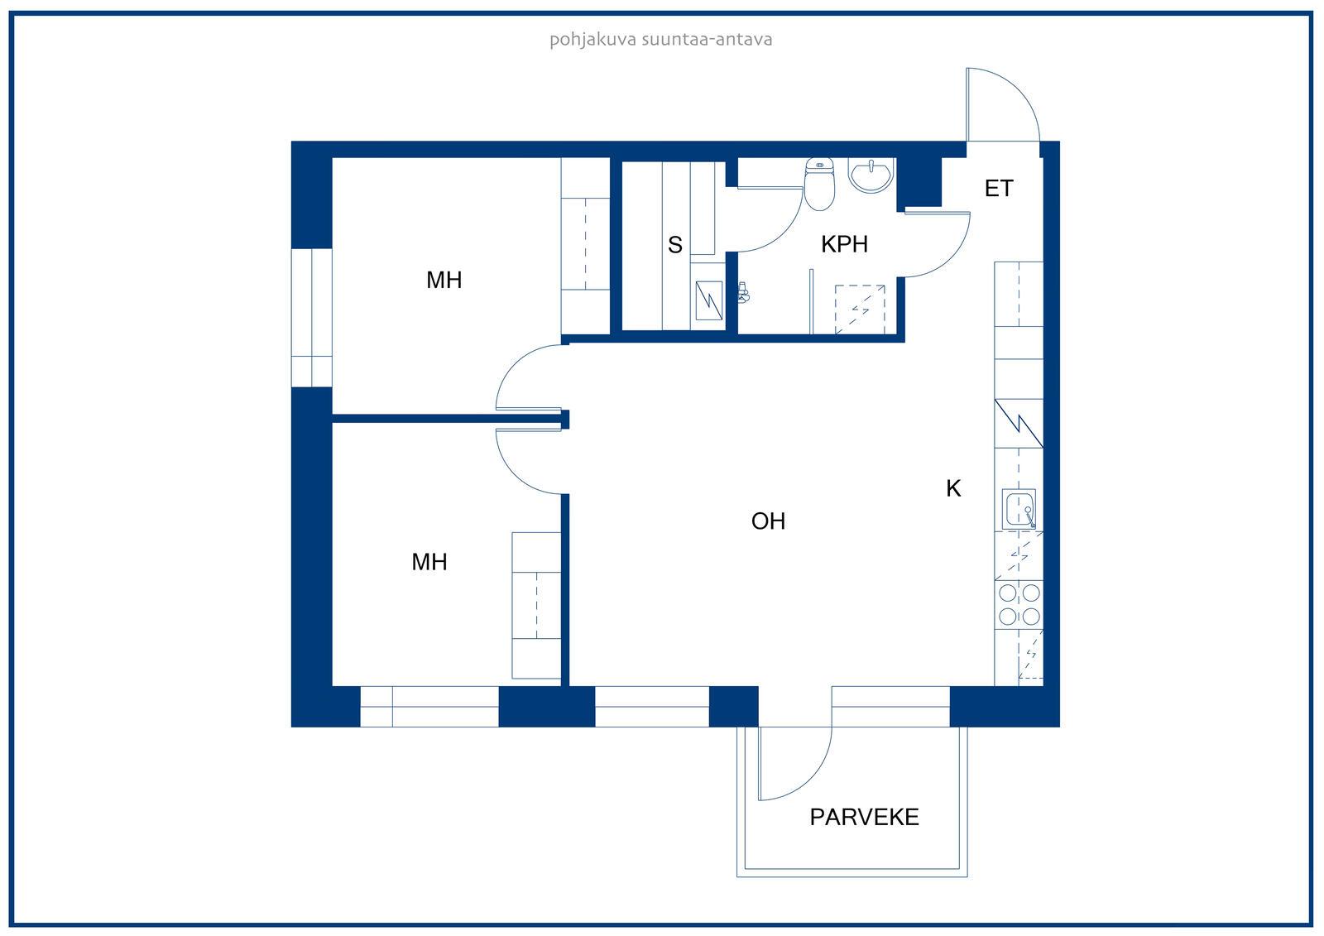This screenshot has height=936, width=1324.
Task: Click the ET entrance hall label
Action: (x=998, y=188)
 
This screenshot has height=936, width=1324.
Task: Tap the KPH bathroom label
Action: (x=844, y=244)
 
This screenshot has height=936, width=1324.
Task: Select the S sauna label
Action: (x=675, y=245)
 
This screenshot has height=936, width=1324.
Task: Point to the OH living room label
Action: (x=768, y=521)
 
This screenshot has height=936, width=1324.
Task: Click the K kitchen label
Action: (x=953, y=488)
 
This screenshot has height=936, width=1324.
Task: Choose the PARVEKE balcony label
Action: (x=864, y=817)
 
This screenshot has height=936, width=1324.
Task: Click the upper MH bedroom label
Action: (x=444, y=280)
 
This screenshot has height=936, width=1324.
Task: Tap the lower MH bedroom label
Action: (x=429, y=562)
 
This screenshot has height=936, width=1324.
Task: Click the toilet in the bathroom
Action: (x=819, y=184)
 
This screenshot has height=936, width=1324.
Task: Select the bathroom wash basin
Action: (x=870, y=175)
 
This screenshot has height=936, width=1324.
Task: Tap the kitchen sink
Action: (x=1019, y=508)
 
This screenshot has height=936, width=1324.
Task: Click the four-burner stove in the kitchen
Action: (x=1019, y=604)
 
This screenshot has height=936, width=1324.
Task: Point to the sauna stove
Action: (x=708, y=300)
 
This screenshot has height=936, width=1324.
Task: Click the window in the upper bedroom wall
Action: (x=311, y=318)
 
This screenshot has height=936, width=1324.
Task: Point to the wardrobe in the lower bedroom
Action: (x=536, y=606)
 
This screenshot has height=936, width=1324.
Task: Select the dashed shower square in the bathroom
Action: (x=860, y=310)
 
